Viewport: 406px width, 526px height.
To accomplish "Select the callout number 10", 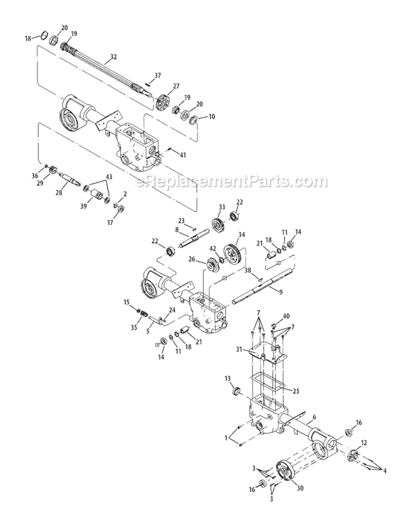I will pos(197,117).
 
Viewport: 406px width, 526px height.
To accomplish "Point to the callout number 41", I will pos(183,155).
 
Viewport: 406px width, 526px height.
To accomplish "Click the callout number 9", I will pos(280,293).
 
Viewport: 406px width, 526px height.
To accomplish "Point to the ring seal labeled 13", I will pos(236,391).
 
